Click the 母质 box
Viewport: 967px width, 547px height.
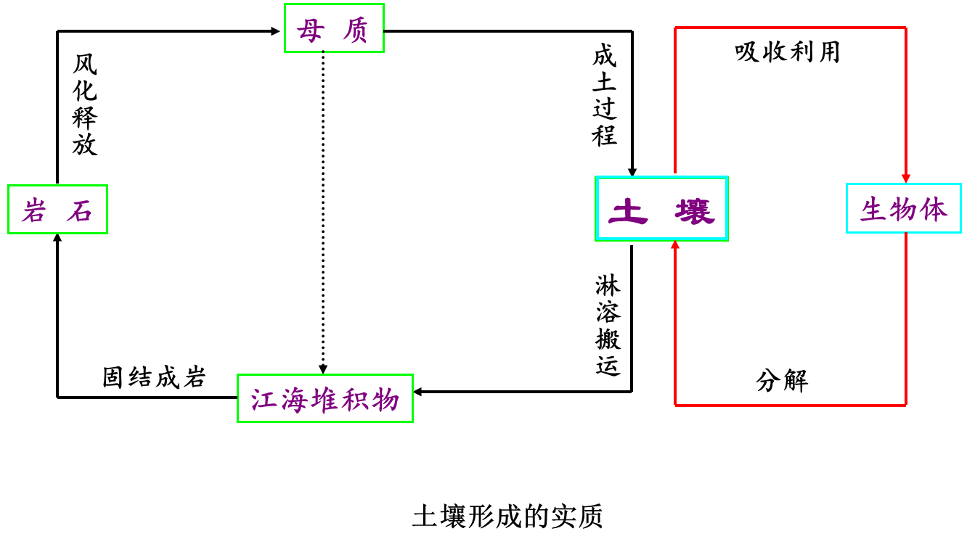point(334,28)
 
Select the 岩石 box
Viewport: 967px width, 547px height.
point(57,210)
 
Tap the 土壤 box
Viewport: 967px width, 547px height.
point(661,208)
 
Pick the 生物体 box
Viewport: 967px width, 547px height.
point(904,208)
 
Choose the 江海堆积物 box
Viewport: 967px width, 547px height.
point(325,398)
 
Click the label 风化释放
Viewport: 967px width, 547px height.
point(84,105)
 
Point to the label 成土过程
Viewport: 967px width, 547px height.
point(604,95)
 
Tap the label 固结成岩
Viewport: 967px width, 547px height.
point(154,377)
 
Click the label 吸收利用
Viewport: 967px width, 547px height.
point(788,52)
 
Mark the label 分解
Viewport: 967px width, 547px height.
point(782,381)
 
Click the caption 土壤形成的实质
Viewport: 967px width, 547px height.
point(507,516)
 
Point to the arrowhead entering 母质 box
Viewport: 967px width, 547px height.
point(275,31)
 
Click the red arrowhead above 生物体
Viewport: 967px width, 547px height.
point(906,178)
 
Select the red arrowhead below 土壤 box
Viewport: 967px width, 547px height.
point(675,244)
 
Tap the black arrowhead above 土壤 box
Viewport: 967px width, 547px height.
point(632,171)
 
